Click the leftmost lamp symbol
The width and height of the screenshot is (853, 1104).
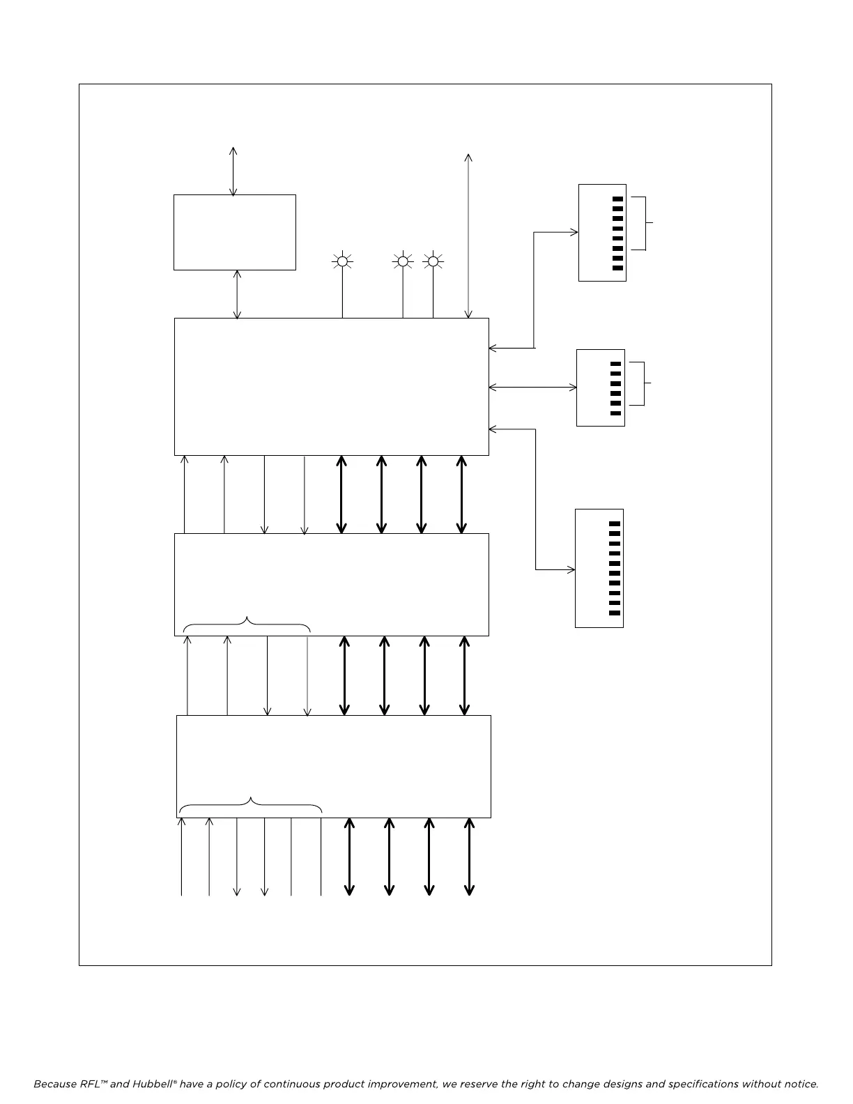click(342, 261)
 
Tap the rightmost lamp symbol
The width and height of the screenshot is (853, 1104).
click(433, 261)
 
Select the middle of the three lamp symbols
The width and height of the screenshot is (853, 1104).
click(402, 261)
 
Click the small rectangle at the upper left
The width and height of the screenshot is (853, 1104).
click(234, 232)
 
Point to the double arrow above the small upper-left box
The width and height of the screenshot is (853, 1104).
click(233, 171)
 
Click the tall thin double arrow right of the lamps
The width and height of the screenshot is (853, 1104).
click(468, 236)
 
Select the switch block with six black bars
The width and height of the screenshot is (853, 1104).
click(600, 388)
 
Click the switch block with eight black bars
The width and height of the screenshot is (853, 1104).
click(602, 233)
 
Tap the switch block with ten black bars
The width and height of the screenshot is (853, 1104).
click(599, 568)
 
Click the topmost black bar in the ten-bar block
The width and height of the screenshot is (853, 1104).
click(615, 523)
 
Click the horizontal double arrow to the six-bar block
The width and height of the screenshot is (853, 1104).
click(533, 387)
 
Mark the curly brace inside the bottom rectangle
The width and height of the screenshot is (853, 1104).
click(250, 805)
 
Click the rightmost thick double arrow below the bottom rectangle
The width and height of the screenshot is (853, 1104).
click(469, 857)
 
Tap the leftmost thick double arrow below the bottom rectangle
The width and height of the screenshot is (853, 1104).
click(349, 857)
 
